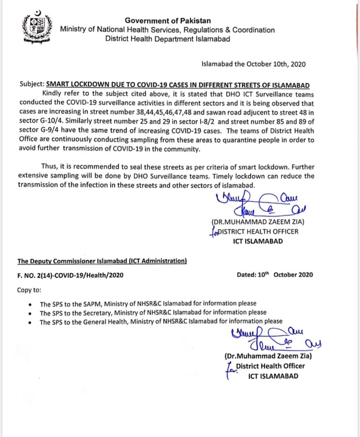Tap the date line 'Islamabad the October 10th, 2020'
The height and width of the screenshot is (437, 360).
click(253, 65)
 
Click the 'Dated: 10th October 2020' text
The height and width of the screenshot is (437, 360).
click(274, 275)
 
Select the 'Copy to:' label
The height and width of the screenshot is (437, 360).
click(29, 290)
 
